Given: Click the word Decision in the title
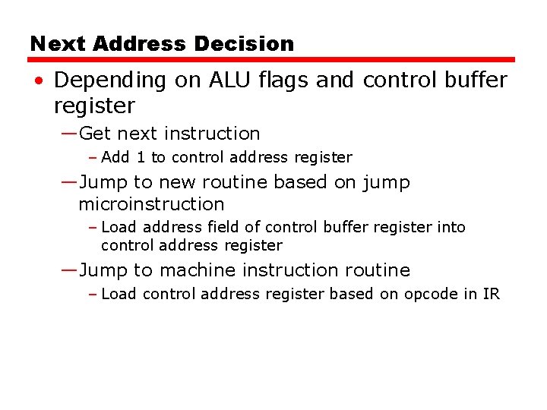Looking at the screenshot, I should pos(244,44).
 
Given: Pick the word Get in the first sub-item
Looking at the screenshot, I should pos(96,134).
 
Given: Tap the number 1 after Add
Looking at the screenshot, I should pos(141,157).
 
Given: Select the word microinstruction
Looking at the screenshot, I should pos(151,204).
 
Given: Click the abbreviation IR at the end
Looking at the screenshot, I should pos(492,294).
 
